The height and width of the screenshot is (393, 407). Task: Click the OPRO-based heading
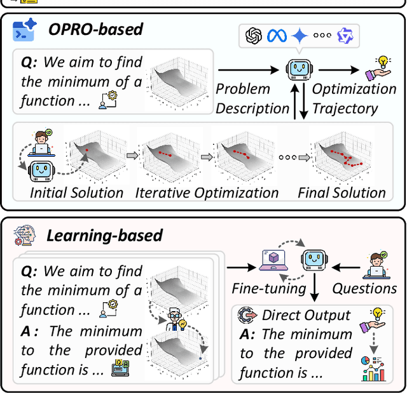click(x=95, y=29)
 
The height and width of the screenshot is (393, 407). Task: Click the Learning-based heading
click(x=104, y=236)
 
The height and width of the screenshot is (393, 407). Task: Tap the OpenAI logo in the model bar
click(x=254, y=35)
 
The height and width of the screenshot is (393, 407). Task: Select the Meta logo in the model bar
click(x=277, y=35)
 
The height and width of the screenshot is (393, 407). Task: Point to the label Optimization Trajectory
click(x=354, y=98)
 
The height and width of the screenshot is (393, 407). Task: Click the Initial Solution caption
click(x=76, y=192)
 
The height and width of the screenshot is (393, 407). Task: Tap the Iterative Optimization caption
click(x=207, y=192)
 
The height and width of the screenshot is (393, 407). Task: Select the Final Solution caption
click(x=341, y=192)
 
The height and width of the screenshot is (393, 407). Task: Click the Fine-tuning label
click(x=269, y=288)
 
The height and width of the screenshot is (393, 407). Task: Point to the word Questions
click(x=364, y=288)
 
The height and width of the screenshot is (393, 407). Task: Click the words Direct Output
click(x=306, y=316)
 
